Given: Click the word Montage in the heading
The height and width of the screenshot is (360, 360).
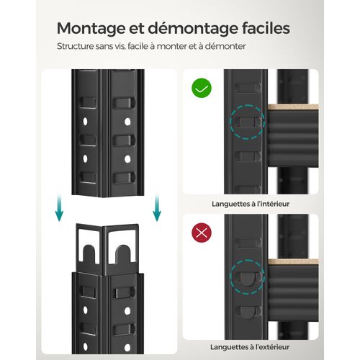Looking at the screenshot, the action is pyautogui.click(x=91, y=30).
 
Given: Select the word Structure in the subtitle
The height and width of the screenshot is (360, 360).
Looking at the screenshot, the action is pyautogui.click(x=75, y=46).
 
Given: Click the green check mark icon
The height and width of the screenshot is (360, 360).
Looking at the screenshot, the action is pyautogui.click(x=202, y=88).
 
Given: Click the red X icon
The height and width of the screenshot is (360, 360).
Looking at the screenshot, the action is pyautogui.click(x=202, y=233).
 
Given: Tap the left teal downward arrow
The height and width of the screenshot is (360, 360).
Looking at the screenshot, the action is pyautogui.click(x=59, y=208).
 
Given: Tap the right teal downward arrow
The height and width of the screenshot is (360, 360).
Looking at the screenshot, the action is pyautogui.click(x=157, y=208).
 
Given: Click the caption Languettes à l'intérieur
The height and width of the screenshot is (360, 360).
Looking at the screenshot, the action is pyautogui.click(x=251, y=204).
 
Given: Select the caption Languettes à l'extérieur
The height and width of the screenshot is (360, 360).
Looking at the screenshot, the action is pyautogui.click(x=250, y=347).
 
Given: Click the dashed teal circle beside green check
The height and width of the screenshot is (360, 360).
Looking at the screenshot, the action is pyautogui.click(x=247, y=104).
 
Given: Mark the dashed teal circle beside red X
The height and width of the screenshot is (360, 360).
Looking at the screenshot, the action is pyautogui.click(x=247, y=260).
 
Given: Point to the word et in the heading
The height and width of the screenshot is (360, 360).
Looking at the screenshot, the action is pyautogui.click(x=136, y=29).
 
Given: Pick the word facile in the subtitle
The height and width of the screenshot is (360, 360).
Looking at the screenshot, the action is pyautogui.click(x=138, y=46).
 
